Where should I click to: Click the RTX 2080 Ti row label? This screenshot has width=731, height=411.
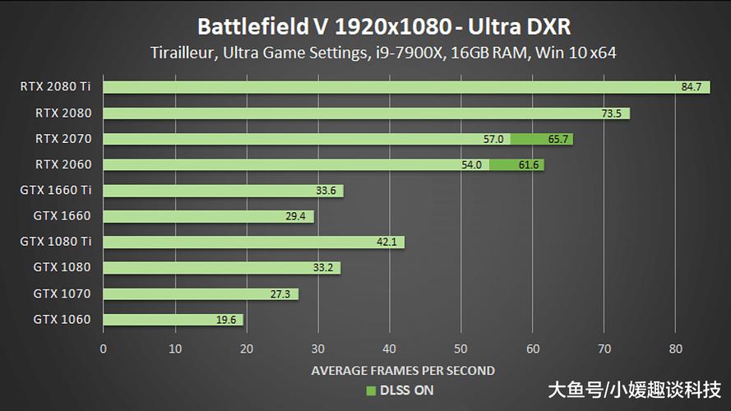pyautogui.click(x=57, y=86)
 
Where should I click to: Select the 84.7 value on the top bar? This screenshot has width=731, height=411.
pyautogui.click(x=691, y=87)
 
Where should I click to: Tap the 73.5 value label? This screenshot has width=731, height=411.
pyautogui.click(x=611, y=113)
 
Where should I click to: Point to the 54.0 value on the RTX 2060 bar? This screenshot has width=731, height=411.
pyautogui.click(x=471, y=165)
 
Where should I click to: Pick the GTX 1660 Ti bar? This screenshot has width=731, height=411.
pyautogui.click(x=223, y=191)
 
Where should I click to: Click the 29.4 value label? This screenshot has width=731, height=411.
pyautogui.click(x=294, y=217)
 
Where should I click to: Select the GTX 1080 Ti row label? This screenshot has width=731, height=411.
pyautogui.click(x=55, y=242)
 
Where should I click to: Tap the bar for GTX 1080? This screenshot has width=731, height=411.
pyautogui.click(x=221, y=268)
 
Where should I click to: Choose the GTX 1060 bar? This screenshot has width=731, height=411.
pyautogui.click(x=173, y=320)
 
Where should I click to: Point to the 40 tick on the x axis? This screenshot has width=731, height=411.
pyautogui.click(x=389, y=349)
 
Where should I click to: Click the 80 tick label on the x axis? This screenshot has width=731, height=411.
pyautogui.click(x=675, y=349)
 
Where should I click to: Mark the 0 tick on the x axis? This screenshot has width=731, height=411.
pyautogui.click(x=103, y=349)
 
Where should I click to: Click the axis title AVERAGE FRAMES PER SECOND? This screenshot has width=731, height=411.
pyautogui.click(x=403, y=371)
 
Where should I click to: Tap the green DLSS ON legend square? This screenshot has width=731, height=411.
pyautogui.click(x=370, y=390)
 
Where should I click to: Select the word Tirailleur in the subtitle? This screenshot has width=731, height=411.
pyautogui.click(x=183, y=53)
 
